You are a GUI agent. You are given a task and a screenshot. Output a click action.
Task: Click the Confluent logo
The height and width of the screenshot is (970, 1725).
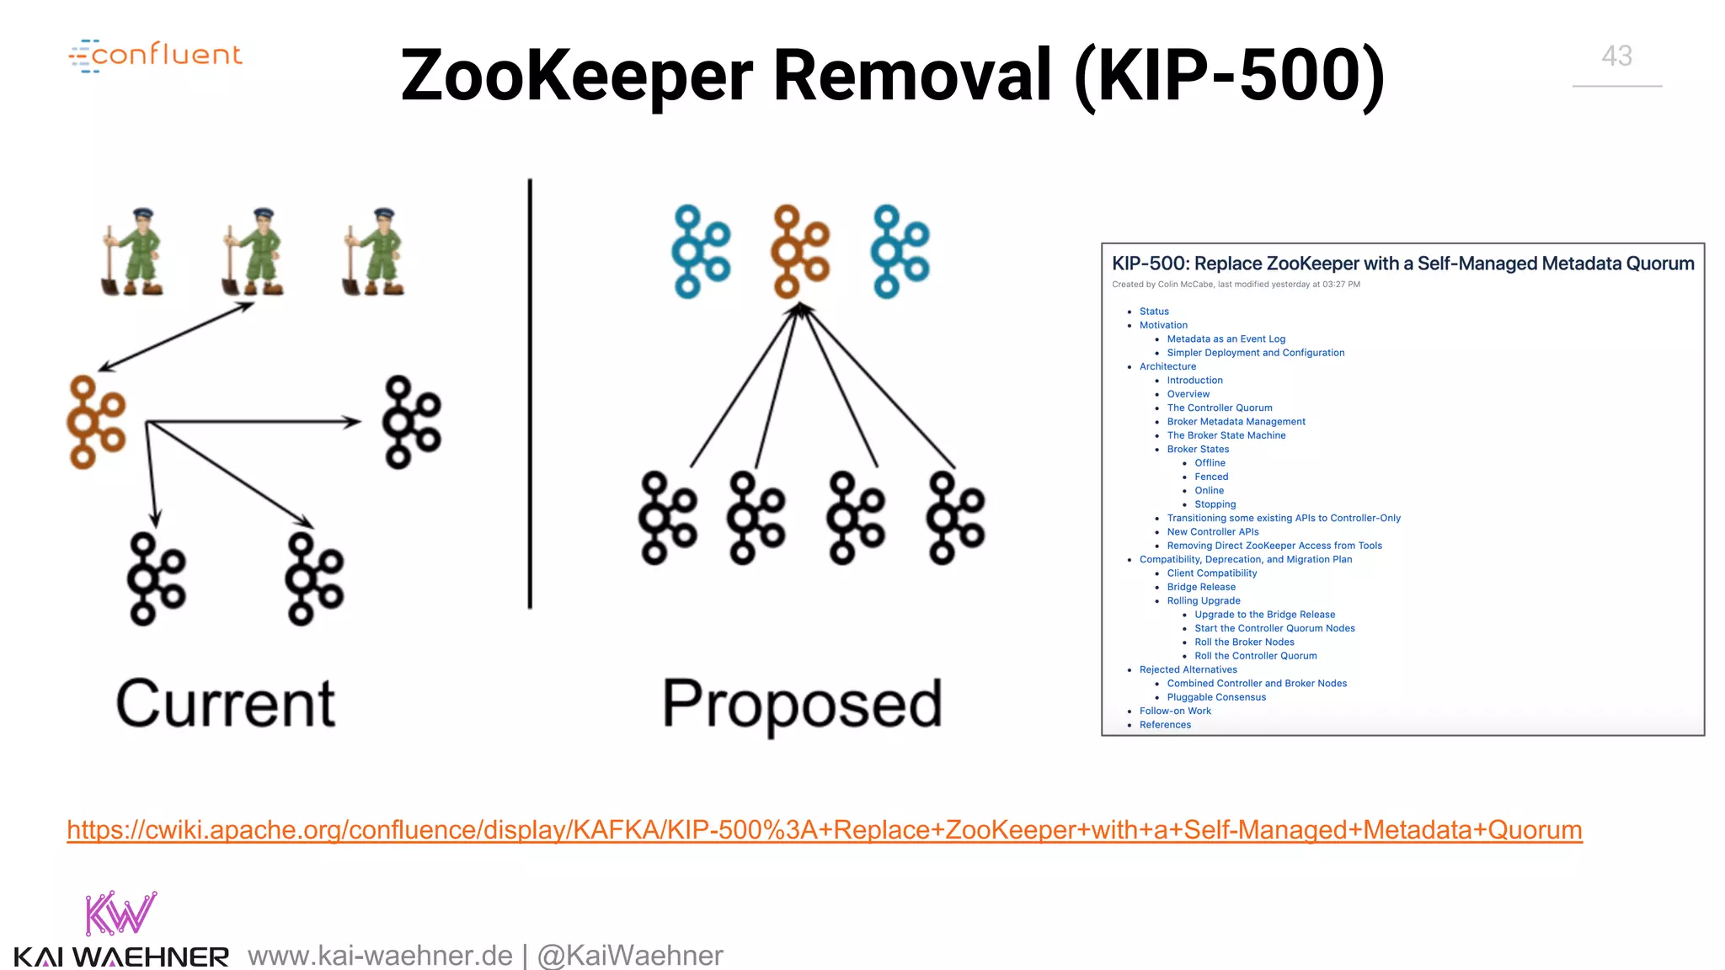coord(156,56)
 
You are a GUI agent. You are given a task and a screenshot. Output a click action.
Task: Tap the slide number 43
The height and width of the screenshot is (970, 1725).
coord(1616,56)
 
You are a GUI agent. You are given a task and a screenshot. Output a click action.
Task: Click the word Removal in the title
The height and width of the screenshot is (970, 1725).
coord(912,76)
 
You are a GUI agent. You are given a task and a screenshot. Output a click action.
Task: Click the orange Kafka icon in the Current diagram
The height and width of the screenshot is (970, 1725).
coord(96,422)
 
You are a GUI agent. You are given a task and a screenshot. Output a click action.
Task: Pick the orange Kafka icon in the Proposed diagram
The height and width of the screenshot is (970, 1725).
coord(800,251)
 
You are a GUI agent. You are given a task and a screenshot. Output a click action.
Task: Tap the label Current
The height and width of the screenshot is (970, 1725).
coord(226,704)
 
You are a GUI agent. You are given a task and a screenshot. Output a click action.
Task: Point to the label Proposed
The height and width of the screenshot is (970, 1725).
coord(802,705)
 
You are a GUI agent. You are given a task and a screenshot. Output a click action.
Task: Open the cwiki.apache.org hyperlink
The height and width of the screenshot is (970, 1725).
coord(824,830)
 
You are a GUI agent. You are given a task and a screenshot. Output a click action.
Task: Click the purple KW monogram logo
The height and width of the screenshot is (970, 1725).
coord(120,914)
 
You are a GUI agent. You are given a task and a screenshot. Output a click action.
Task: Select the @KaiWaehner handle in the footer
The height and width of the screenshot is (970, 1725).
coord(630,956)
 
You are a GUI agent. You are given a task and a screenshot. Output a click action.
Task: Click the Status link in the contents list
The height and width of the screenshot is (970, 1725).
coord(1154,312)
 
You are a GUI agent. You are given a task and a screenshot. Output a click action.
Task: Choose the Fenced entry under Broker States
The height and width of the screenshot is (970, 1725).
coord(1211,477)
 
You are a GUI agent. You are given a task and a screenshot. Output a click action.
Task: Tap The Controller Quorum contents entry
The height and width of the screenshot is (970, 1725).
coord(1220,408)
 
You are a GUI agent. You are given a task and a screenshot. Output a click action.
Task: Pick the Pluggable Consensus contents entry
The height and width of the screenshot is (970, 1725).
coord(1216,697)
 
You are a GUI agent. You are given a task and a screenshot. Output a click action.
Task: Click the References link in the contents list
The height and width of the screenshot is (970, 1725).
coord(1165,725)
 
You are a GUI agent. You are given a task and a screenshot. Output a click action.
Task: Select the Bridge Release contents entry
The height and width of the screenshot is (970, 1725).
coord(1201,587)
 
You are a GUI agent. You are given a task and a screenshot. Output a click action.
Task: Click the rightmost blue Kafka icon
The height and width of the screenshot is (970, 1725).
coord(900,251)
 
